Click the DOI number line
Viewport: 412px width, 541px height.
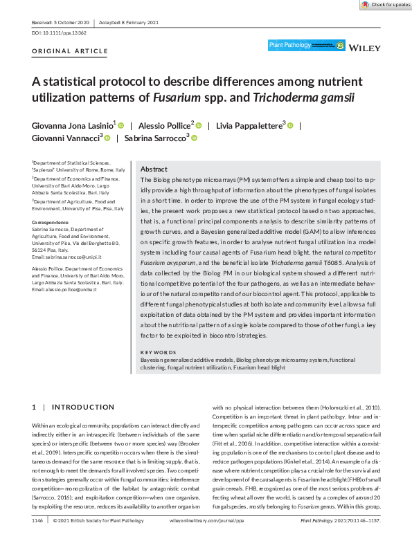click(59, 33)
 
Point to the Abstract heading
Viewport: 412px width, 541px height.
click(153, 169)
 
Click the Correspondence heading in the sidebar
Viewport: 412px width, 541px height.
click(51, 222)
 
